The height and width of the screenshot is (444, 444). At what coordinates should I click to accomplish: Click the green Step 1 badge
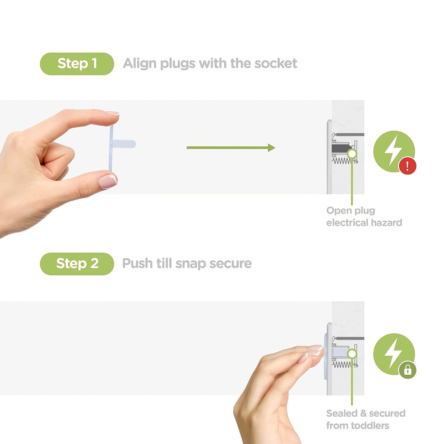tap(77, 64)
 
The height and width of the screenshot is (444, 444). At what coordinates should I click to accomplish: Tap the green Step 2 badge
tap(77, 263)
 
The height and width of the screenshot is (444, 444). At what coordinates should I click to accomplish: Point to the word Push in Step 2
tap(137, 263)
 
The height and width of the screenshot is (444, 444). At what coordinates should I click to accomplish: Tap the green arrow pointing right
tap(231, 147)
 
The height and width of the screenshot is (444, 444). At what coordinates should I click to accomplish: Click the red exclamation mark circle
tap(407, 166)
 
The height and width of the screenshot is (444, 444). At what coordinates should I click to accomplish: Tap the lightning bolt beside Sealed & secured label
tap(392, 353)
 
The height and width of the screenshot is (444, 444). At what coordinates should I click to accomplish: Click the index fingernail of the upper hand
tap(113, 113)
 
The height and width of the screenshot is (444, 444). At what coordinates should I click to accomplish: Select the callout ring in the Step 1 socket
tap(352, 154)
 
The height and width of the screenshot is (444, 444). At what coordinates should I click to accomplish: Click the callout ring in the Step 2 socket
tap(352, 354)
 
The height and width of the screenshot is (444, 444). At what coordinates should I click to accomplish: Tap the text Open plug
tap(350, 210)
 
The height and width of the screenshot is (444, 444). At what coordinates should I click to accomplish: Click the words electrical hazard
tap(364, 223)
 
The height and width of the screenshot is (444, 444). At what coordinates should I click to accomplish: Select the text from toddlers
tap(358, 425)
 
